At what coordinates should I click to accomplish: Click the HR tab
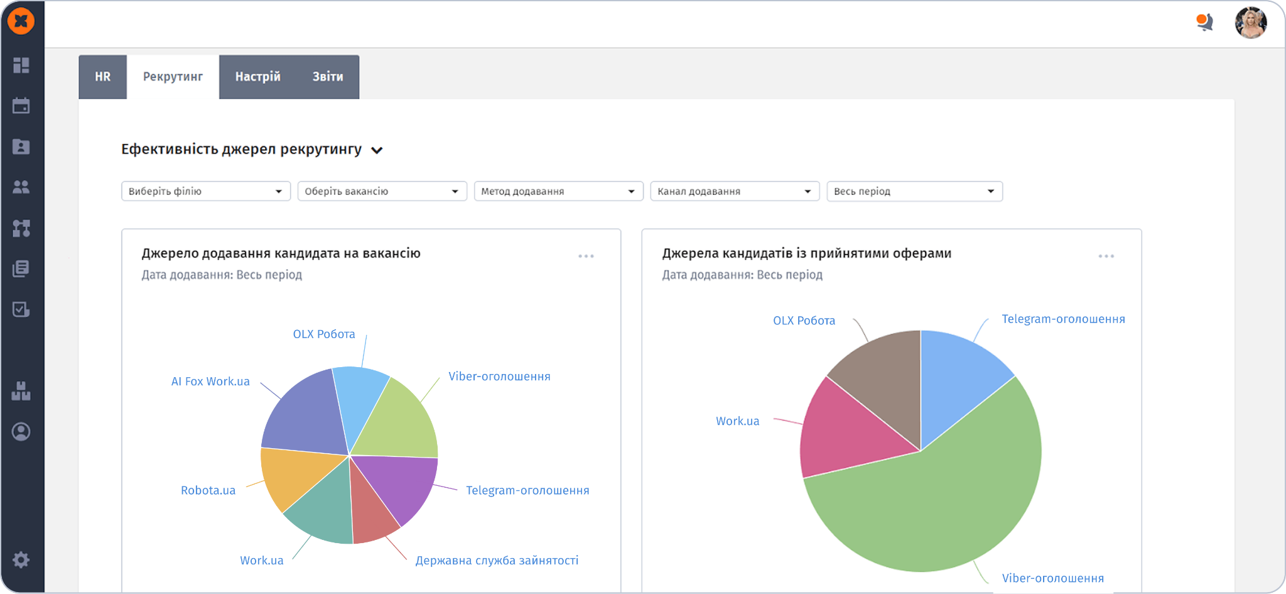coord(102,77)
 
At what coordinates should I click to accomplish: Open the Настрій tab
coord(257,77)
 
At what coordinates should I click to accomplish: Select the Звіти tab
coord(328,77)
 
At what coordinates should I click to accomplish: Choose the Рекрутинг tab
coord(173,77)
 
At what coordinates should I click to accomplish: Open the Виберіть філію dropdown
coord(206,191)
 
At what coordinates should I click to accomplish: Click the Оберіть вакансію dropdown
coord(382,191)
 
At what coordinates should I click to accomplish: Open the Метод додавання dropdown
coord(559,191)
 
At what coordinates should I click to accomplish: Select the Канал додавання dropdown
coord(735,191)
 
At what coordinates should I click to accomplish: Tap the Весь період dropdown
coord(915,191)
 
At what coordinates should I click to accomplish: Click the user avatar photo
coord(1251,23)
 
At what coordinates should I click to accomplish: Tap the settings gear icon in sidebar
coord(21,559)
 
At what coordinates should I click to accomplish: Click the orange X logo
coord(21,21)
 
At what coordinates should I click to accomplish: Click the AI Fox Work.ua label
coord(210,382)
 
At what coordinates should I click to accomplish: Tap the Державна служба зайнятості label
coord(497,560)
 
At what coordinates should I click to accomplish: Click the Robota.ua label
coord(208,490)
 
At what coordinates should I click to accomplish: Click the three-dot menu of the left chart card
coord(586,256)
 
